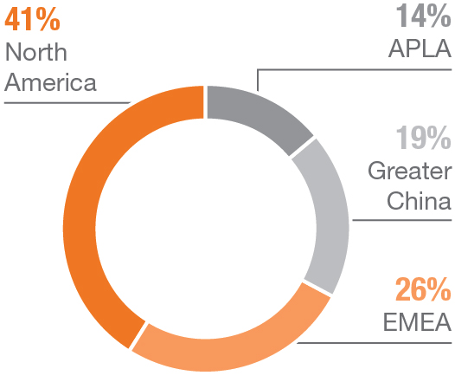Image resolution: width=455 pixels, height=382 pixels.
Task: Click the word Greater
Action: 409,170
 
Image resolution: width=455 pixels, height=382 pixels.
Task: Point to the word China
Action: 420,201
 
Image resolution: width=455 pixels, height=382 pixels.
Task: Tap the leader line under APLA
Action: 363,69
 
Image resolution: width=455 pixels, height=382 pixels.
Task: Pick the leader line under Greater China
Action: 398,220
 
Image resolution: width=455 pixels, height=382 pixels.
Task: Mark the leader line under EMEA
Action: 381,341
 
